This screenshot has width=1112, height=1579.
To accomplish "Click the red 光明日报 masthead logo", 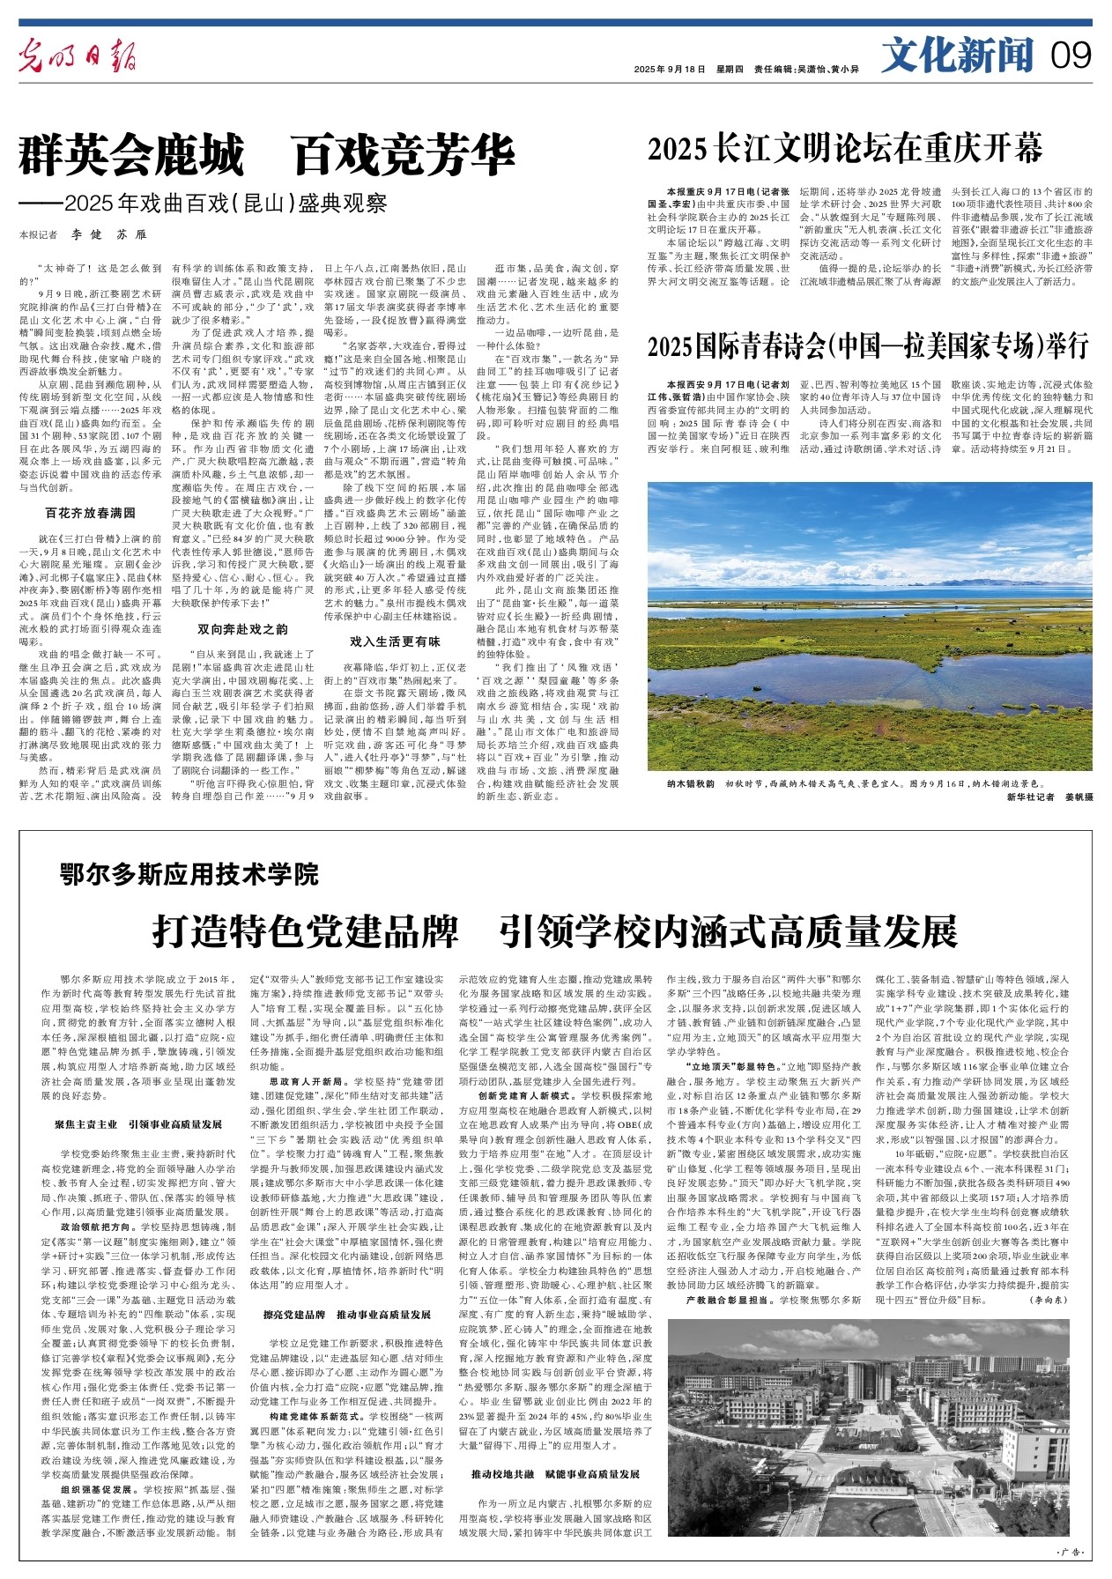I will click(x=79, y=58).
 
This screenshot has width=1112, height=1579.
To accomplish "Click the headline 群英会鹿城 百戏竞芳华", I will click(x=267, y=158).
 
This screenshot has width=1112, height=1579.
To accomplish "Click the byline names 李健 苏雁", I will click(x=109, y=235).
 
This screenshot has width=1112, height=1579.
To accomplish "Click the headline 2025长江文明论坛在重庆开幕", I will click(x=845, y=149).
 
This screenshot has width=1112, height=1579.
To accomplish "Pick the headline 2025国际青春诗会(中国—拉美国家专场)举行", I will click(x=868, y=346).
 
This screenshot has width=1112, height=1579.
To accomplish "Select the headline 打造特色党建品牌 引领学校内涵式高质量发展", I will click(x=555, y=930).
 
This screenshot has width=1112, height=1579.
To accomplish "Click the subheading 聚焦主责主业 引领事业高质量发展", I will click(x=138, y=1125).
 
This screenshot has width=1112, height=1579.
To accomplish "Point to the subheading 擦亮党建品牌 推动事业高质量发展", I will click(x=347, y=1315).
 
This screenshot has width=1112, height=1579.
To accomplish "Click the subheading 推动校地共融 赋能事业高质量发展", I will click(x=555, y=1474).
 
